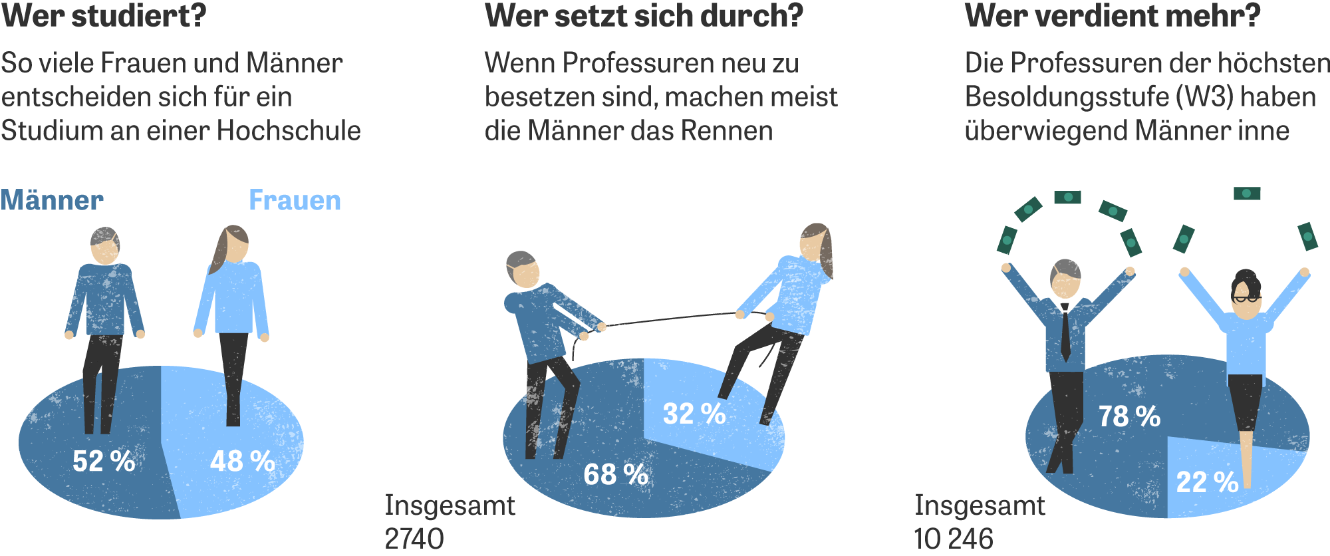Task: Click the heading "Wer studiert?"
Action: [104, 16]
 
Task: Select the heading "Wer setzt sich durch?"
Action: [644, 16]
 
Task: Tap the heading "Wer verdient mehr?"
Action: [1112, 16]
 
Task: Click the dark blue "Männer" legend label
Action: [52, 200]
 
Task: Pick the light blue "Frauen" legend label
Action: [295, 200]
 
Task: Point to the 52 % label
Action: [103, 461]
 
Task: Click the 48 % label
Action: [242, 461]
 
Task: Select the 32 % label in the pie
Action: [694, 414]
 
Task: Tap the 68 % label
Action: [615, 474]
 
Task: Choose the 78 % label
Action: [1129, 416]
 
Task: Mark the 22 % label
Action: [1207, 482]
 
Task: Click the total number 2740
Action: [414, 539]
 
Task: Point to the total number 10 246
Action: [954, 539]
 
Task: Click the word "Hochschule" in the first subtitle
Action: [289, 131]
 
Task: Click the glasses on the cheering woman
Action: [1245, 299]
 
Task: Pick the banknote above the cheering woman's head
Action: [1247, 194]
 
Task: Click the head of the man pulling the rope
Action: [522, 269]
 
